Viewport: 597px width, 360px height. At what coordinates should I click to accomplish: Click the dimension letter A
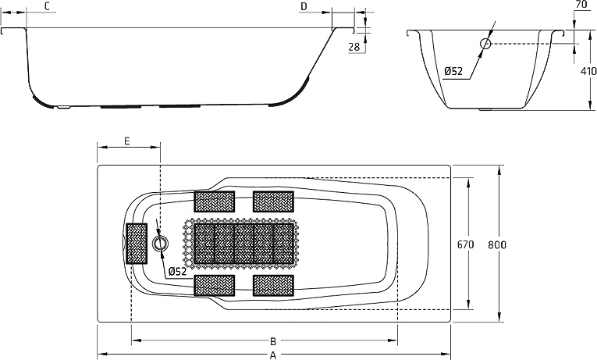click(272, 355)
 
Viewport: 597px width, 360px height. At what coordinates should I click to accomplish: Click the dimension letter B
click(273, 341)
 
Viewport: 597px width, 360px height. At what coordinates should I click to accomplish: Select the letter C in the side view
click(47, 6)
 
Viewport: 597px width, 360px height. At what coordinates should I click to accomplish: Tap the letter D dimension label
click(304, 6)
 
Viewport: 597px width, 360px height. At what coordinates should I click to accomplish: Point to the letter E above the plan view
click(127, 141)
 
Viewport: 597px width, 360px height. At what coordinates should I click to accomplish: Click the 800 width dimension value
click(497, 244)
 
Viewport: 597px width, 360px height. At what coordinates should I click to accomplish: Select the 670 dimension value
click(465, 244)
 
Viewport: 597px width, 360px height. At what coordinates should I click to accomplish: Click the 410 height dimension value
click(588, 71)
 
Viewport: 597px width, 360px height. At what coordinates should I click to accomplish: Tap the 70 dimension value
click(581, 5)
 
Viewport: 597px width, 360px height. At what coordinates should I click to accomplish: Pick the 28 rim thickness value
click(354, 47)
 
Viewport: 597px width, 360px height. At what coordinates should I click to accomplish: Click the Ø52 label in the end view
click(453, 71)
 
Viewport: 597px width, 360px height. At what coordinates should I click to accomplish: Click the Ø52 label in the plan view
click(177, 271)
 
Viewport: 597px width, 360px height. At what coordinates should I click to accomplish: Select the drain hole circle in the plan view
click(160, 243)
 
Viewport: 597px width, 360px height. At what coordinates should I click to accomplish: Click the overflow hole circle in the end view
click(485, 44)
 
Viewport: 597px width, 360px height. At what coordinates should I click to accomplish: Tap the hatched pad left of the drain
click(137, 244)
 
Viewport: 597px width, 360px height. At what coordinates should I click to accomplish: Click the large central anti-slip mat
click(241, 244)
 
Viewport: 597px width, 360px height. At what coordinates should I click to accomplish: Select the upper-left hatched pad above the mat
click(215, 201)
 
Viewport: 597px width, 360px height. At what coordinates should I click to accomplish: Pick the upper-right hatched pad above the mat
click(273, 201)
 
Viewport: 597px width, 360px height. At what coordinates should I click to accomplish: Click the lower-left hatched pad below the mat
click(215, 286)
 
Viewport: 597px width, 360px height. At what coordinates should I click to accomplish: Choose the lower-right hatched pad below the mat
click(273, 286)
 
